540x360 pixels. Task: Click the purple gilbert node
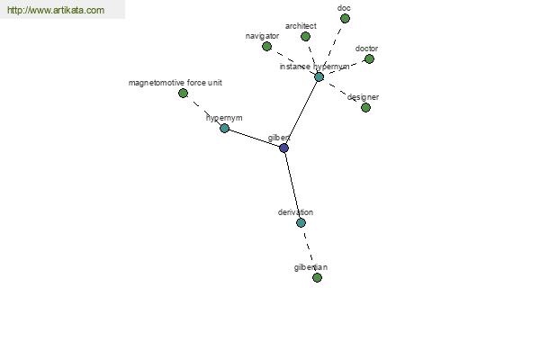pos(283,148)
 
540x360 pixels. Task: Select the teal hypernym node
pos(224,128)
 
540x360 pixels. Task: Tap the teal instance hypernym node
pos(319,77)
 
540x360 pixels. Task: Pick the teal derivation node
pos(301,223)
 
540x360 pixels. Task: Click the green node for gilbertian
pos(317,277)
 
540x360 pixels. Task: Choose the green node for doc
pos(345,19)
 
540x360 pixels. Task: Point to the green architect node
pos(305,37)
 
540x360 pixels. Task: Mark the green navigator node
pos(267,47)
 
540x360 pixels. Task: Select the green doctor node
pos(369,59)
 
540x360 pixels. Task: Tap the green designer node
pos(365,108)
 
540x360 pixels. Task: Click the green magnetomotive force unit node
pos(184,93)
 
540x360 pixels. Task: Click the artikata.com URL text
pos(56,10)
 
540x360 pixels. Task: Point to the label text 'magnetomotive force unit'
pos(175,83)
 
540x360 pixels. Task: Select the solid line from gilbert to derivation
pos(292,185)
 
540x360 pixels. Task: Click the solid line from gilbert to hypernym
pos(254,138)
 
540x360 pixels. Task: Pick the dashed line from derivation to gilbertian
pos(309,250)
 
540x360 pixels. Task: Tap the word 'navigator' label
pos(263,36)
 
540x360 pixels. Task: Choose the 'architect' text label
pos(301,26)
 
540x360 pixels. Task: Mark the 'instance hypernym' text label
pos(314,67)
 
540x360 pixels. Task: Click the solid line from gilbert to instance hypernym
pos(301,112)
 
